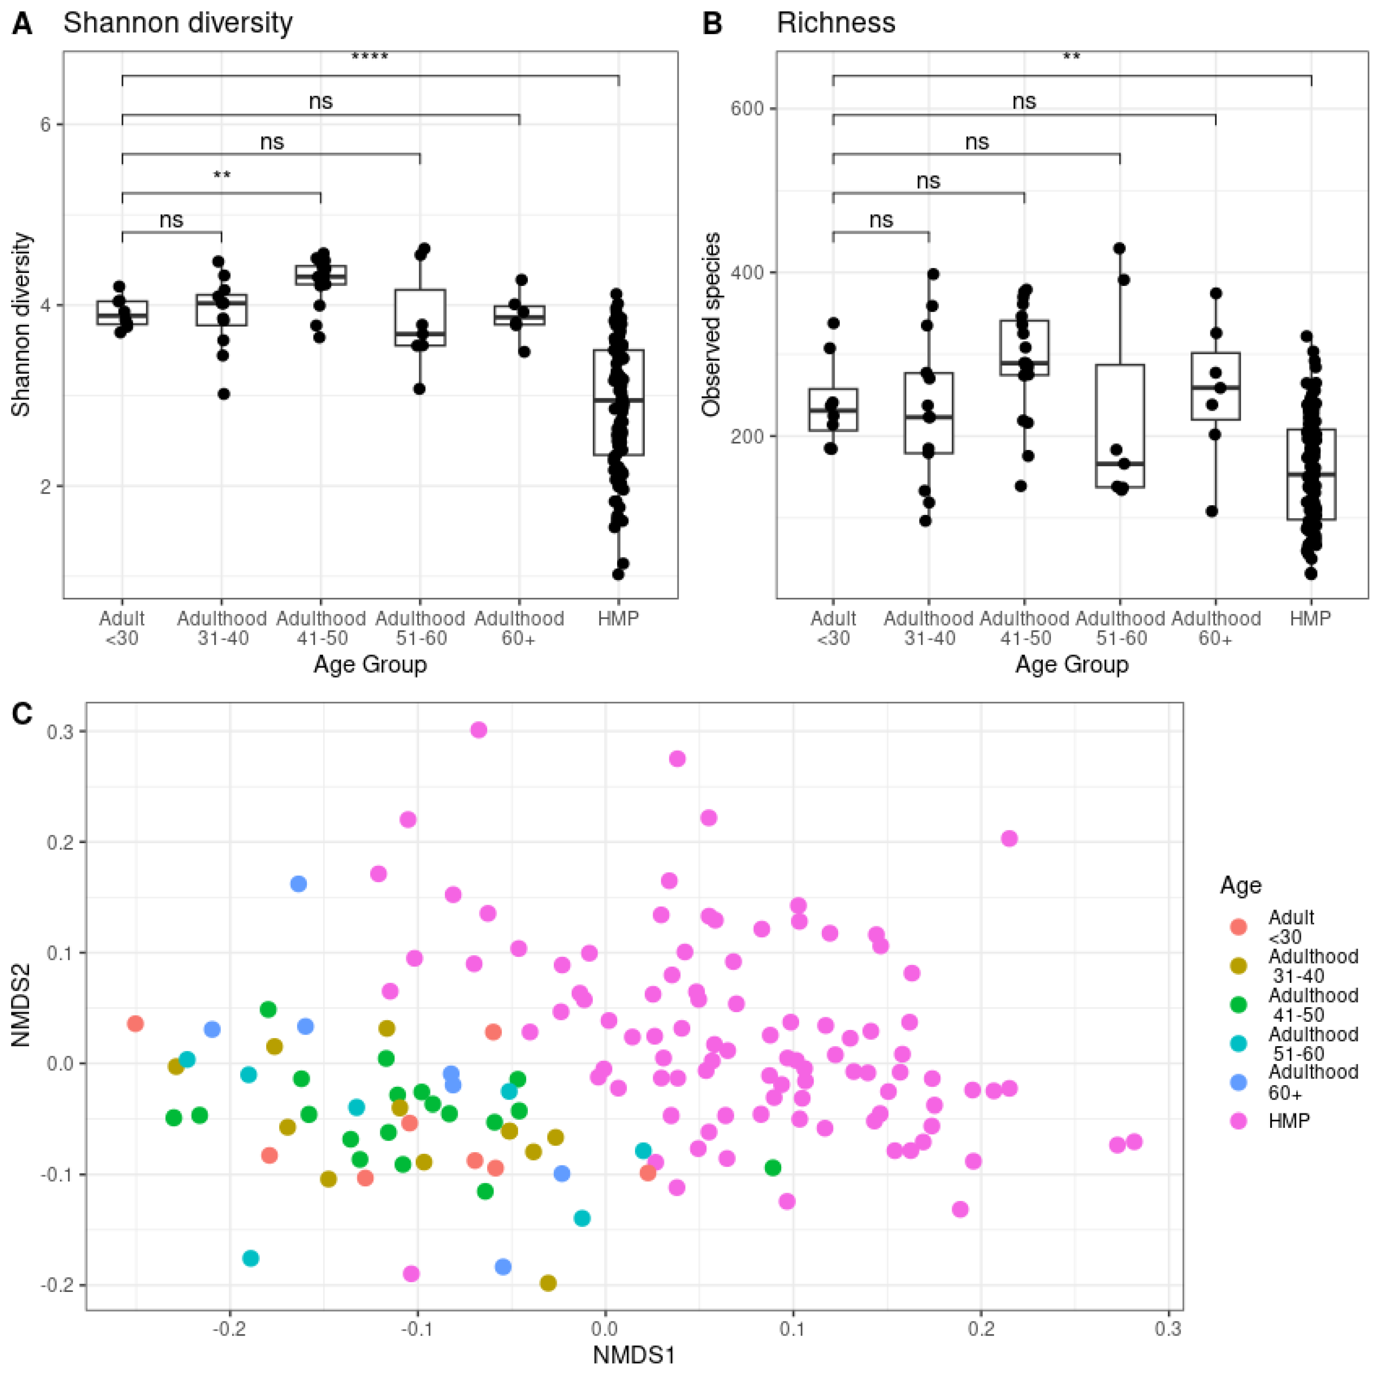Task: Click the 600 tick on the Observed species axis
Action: point(747,108)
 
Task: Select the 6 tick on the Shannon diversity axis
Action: point(46,125)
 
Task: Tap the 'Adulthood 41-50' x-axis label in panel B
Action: point(1024,628)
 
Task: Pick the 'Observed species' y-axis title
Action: point(711,324)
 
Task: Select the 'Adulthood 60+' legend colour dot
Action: point(1239,1082)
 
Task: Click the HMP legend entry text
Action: point(1289,1121)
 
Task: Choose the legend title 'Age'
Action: point(1240,885)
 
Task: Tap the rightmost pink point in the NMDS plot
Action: point(1134,1142)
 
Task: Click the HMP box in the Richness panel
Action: point(1311,475)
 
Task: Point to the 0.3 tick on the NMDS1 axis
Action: point(1168,1329)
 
